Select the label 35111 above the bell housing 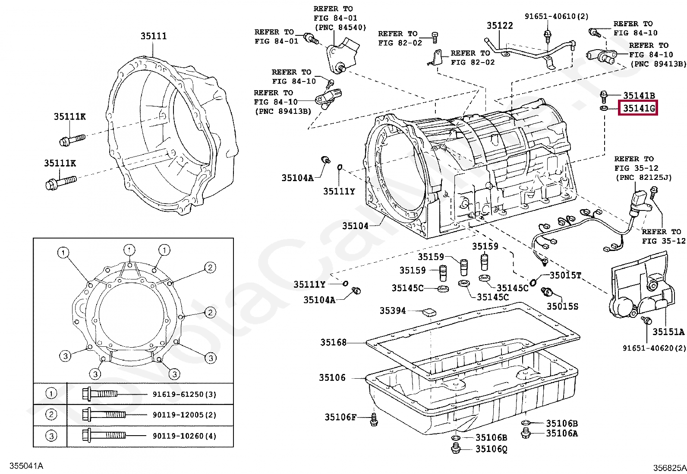[153, 36]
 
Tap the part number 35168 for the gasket [333, 342]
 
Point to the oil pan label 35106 [332, 378]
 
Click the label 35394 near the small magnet [393, 311]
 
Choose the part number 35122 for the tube [500, 25]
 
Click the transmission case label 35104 [355, 226]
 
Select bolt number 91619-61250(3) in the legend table [184, 394]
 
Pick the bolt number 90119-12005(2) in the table [184, 415]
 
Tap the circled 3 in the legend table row [51, 436]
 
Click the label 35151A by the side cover [668, 332]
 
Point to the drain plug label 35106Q [491, 449]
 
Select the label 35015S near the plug [562, 306]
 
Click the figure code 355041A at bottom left [26, 466]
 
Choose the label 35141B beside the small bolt [639, 96]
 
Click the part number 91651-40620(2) [654, 348]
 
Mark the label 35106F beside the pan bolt [340, 417]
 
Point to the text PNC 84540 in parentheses [340, 28]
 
